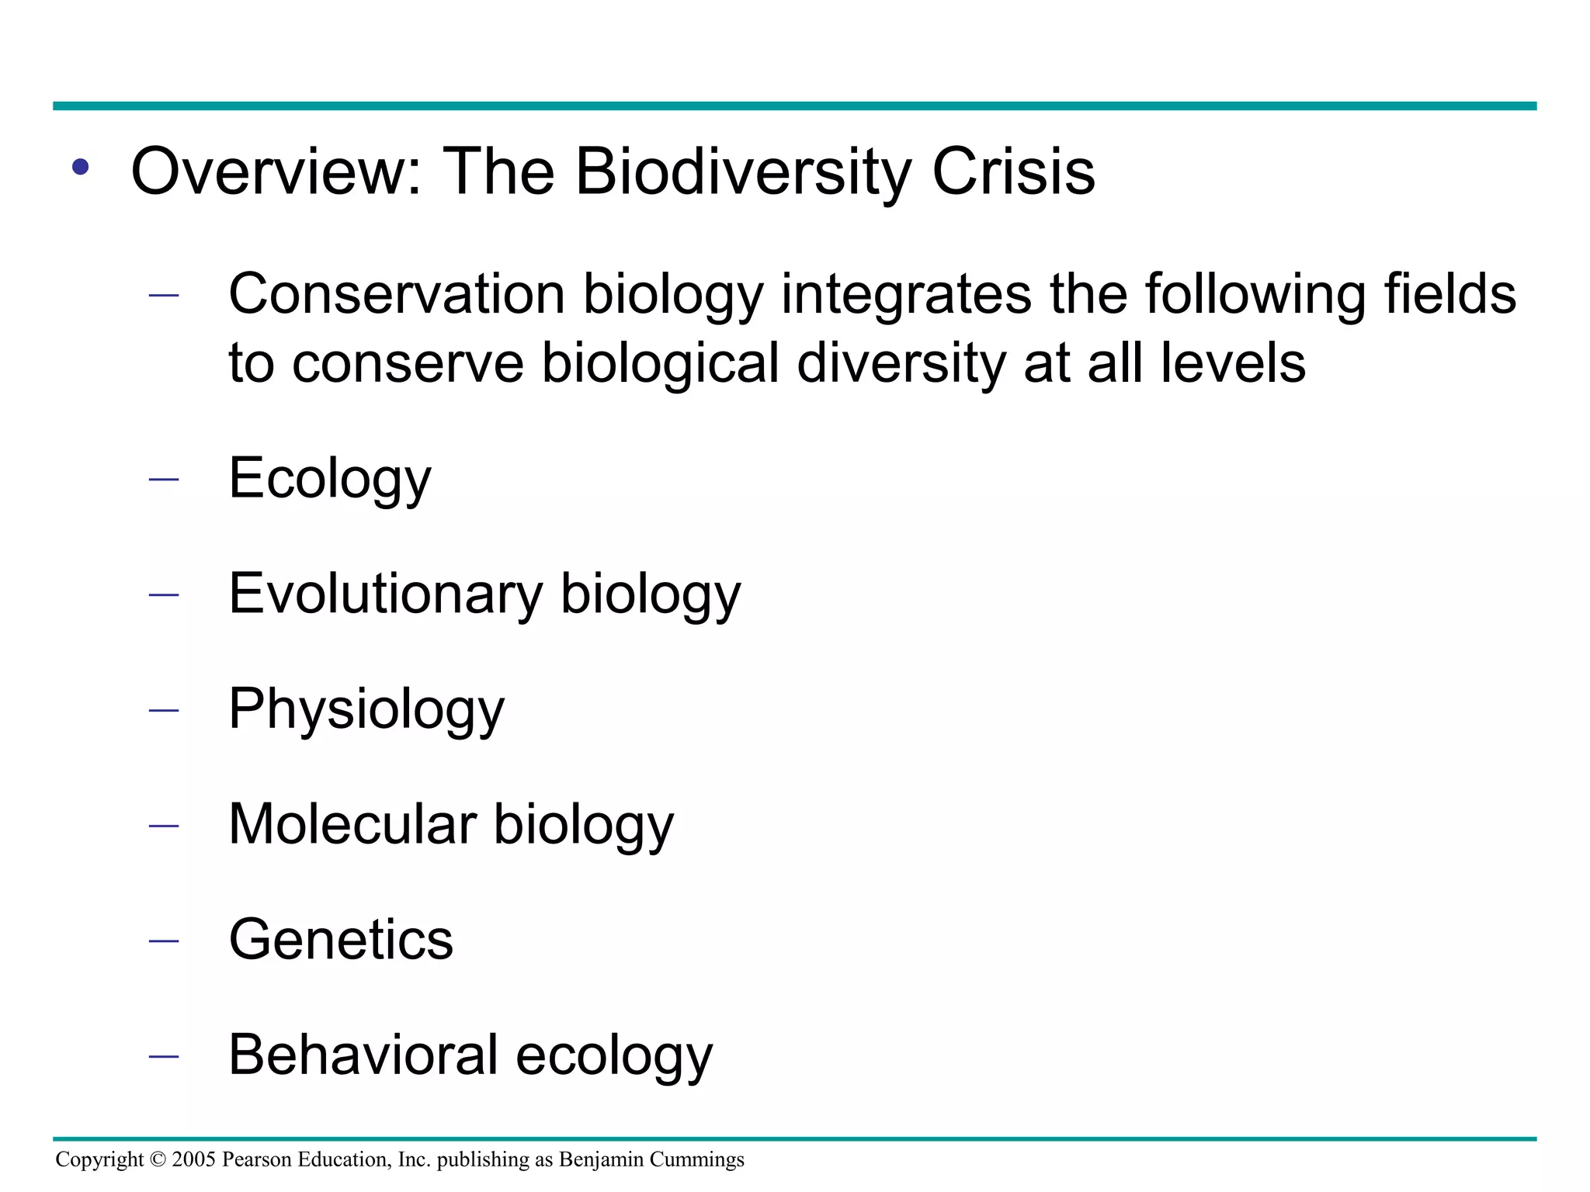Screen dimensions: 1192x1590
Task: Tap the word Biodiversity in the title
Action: point(743,173)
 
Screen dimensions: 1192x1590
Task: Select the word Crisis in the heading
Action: point(1013,172)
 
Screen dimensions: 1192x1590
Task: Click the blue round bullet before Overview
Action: point(80,167)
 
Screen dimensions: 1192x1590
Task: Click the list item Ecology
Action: point(329,479)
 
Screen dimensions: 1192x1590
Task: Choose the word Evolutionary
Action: point(386,594)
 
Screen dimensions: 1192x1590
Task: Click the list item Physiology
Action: point(366,709)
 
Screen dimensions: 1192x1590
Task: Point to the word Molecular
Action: point(352,824)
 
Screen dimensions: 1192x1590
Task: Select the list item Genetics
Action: point(341,940)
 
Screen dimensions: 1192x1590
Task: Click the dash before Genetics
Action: point(163,941)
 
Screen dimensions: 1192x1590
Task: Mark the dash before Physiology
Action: point(163,711)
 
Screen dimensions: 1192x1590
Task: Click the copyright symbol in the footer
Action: point(158,1159)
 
